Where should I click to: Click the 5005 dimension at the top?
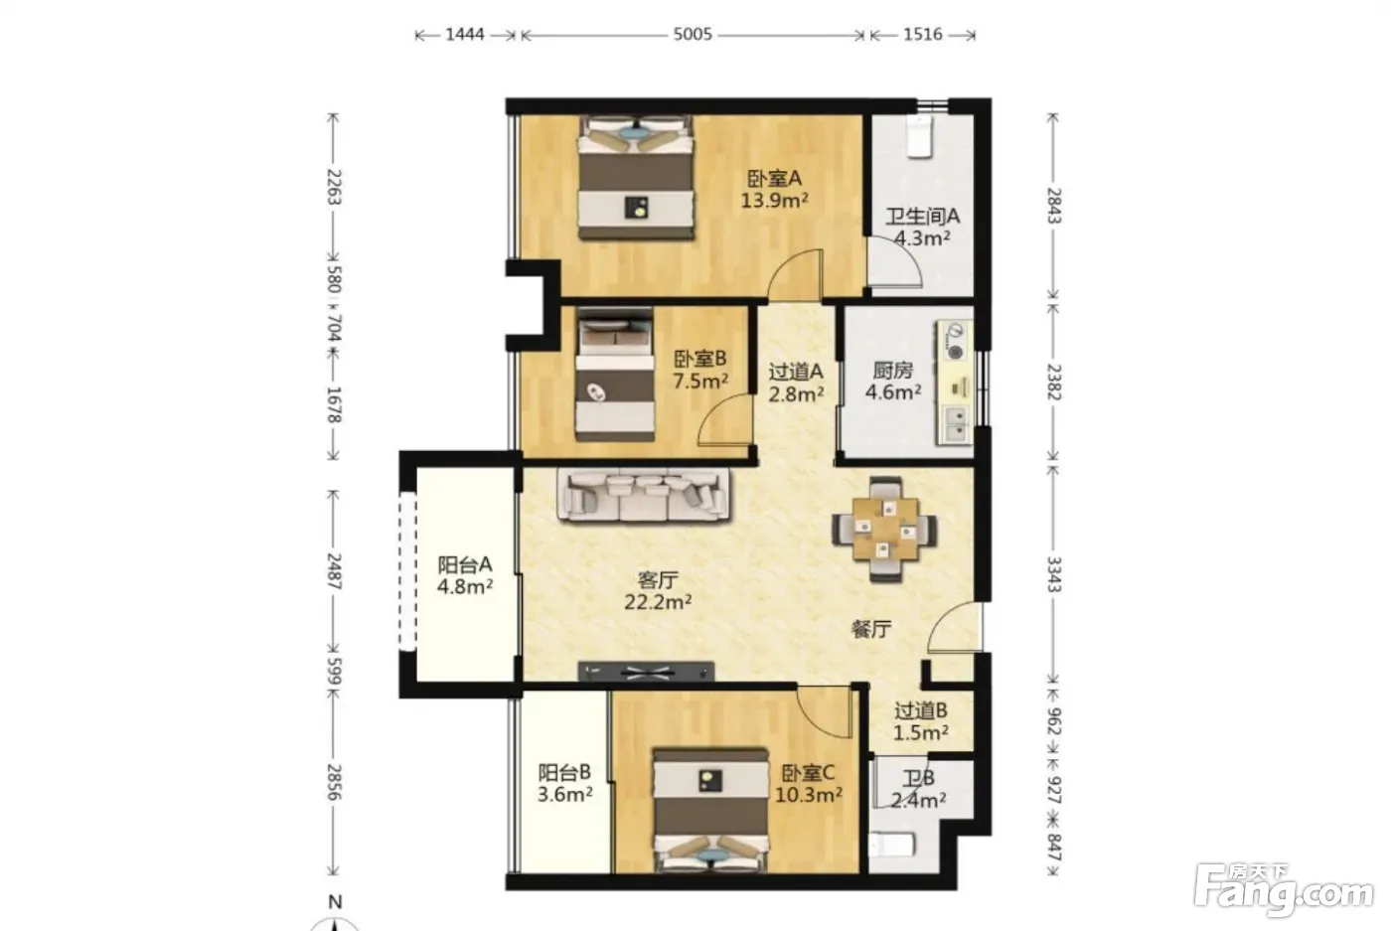click(x=693, y=34)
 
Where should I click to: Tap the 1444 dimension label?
click(x=465, y=34)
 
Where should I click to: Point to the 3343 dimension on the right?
click(x=1054, y=574)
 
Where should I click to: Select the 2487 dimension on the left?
click(x=334, y=570)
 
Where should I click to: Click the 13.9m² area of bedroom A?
click(x=774, y=200)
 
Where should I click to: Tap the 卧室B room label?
click(x=699, y=359)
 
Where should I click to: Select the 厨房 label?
click(x=893, y=371)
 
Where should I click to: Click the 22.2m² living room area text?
click(x=658, y=601)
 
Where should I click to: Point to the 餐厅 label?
click(x=871, y=629)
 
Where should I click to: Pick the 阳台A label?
click(x=465, y=564)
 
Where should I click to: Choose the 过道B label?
click(x=921, y=709)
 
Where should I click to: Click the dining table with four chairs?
click(x=885, y=530)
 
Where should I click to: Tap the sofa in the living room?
click(x=644, y=495)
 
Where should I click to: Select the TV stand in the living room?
click(x=646, y=672)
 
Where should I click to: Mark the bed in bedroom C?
click(x=710, y=811)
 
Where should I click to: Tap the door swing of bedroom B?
click(x=725, y=419)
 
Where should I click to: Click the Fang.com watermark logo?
click(x=1284, y=889)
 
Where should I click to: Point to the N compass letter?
click(x=336, y=902)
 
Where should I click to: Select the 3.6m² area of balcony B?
click(x=564, y=794)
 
